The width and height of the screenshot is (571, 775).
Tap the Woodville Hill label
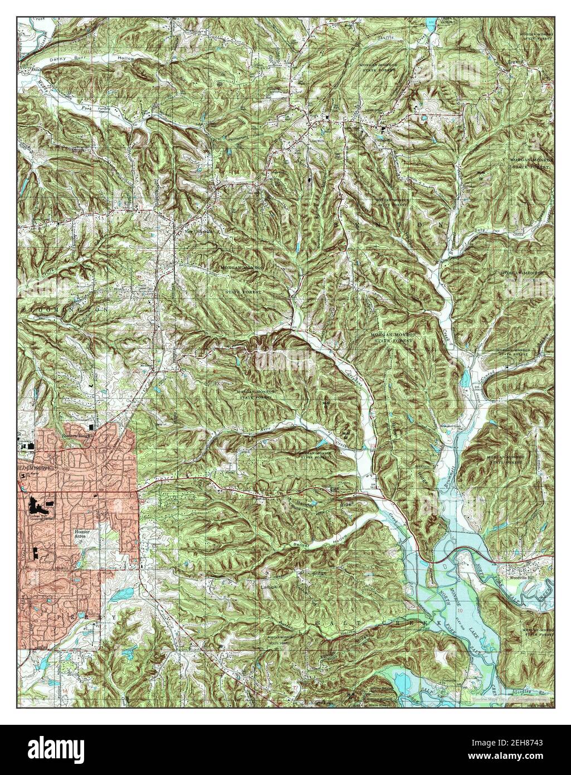(x=518, y=570)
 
